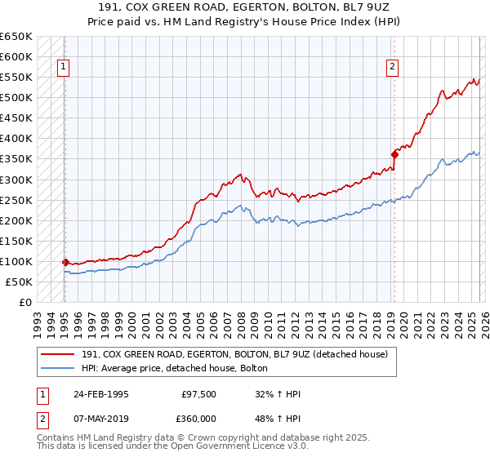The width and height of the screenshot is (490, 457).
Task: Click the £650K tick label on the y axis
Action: (x=16, y=37)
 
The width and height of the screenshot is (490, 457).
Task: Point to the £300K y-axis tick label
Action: (x=16, y=180)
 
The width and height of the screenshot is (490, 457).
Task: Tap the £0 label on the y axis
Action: (x=25, y=303)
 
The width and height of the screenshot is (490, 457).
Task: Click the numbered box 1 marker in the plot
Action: (x=64, y=68)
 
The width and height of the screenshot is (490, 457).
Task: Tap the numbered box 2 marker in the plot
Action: (x=393, y=68)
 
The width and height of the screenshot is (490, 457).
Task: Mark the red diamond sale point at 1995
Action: (x=65, y=262)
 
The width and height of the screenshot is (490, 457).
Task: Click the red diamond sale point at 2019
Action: (x=394, y=153)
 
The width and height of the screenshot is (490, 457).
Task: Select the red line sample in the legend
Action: (x=58, y=353)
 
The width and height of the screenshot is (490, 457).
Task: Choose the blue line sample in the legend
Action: (x=58, y=367)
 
